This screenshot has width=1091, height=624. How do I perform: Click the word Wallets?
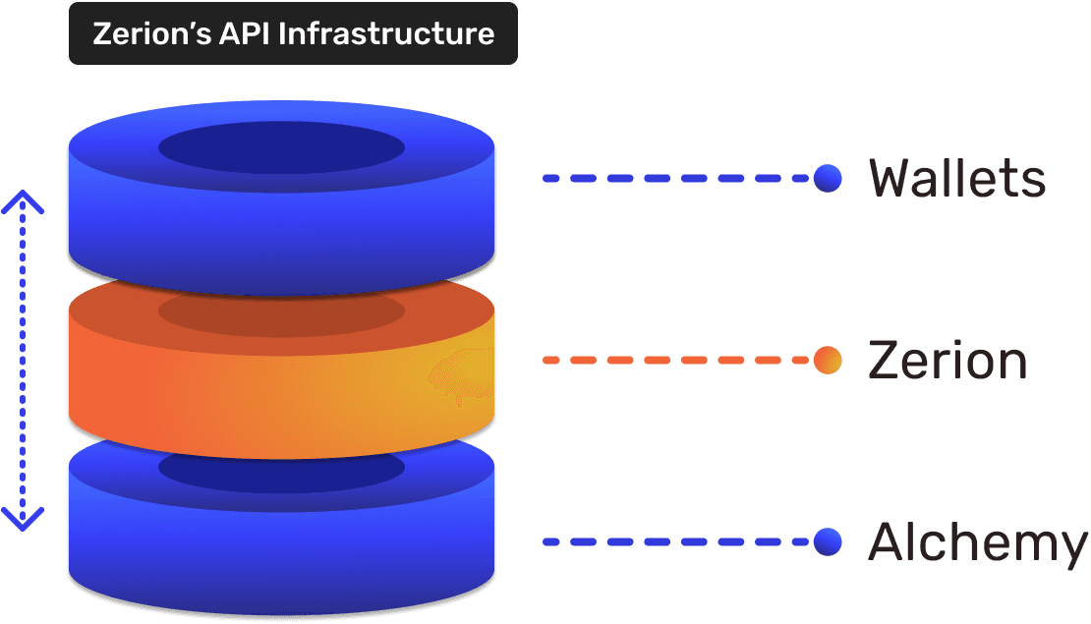point(956,179)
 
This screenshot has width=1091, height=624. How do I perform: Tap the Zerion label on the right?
point(947,361)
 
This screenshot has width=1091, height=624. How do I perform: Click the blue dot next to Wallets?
point(828,179)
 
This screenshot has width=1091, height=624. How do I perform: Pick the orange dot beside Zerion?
point(828,361)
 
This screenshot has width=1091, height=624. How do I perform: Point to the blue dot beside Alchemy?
point(828,541)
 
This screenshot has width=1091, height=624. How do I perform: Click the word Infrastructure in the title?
point(386,33)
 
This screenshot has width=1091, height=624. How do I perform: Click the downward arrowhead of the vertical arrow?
point(22,518)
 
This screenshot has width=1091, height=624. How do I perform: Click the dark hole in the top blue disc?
point(281,149)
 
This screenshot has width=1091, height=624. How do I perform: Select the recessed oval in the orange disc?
point(281,311)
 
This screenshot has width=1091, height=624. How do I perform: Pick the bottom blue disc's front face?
point(281,550)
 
